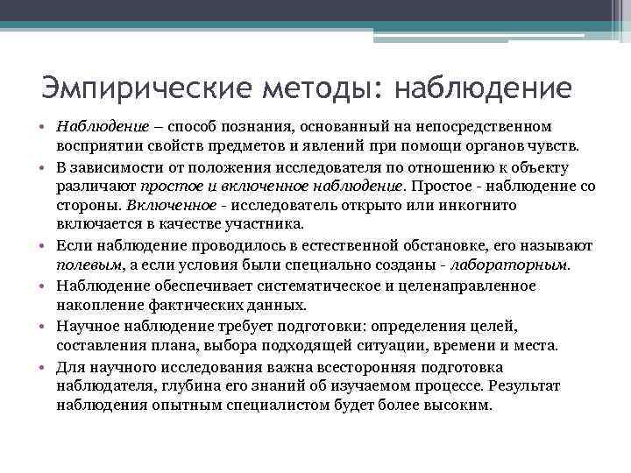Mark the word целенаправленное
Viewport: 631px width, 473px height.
[482, 286]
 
